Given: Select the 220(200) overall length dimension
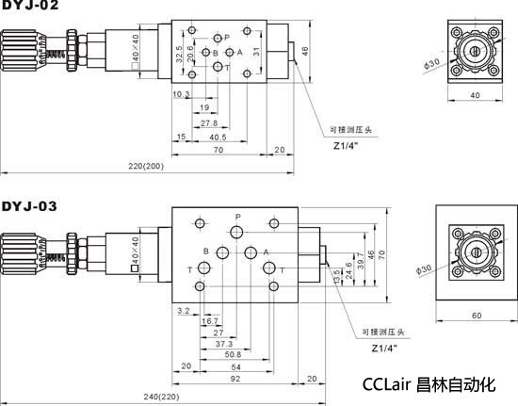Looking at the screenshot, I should (146, 166).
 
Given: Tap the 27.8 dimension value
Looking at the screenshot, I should (209, 123).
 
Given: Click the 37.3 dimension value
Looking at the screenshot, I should (223, 344).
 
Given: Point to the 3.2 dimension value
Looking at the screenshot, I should (184, 309).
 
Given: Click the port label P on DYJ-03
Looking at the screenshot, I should (238, 218).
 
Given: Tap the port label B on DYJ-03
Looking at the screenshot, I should (206, 251).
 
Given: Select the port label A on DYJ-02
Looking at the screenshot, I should (240, 52).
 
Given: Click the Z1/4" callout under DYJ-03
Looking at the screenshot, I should (384, 348).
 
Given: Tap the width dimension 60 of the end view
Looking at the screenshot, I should (476, 315).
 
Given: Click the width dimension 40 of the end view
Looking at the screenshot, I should (475, 96).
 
